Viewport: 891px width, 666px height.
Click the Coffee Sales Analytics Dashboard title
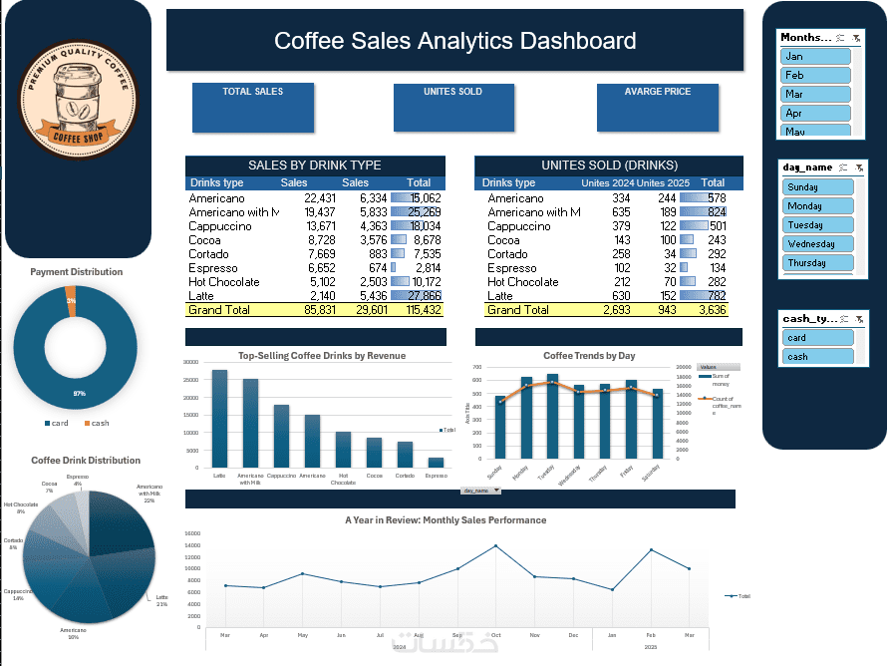[454, 41]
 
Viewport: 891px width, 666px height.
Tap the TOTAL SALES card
[253, 107]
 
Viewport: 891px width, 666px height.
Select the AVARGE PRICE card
[657, 107]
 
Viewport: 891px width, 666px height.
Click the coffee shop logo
[78, 102]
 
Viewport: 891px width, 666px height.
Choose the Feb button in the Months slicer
[815, 75]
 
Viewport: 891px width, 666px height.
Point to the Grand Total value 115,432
[419, 310]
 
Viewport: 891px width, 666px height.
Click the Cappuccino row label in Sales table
[220, 226]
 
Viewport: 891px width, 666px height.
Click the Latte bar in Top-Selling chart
[219, 419]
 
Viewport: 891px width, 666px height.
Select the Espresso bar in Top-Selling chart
[437, 463]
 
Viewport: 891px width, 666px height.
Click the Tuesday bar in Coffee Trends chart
[552, 419]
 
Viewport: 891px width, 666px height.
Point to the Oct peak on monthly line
[495, 545]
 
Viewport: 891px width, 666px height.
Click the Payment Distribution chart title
[77, 271]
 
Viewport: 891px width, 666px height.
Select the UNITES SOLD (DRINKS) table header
[609, 166]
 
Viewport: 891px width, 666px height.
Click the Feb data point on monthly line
[652, 550]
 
